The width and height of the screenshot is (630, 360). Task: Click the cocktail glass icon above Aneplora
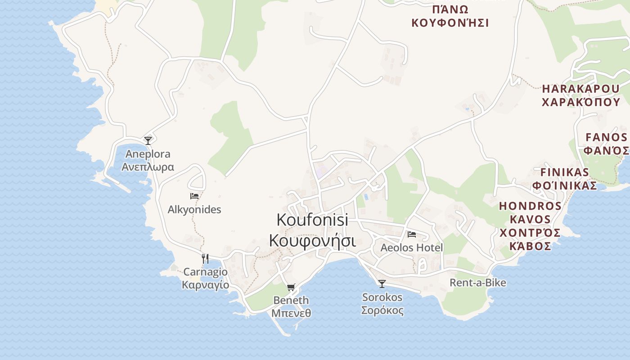[148, 140]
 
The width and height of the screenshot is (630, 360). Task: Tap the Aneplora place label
[148, 154]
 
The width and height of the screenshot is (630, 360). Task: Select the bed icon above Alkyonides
[194, 196]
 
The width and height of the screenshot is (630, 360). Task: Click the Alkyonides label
[194, 210]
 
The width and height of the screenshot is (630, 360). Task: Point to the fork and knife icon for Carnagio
[205, 259]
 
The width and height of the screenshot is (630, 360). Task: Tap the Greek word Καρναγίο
[205, 285]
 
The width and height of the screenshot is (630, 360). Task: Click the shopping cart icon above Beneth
[291, 287]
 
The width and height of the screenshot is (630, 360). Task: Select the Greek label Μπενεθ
[291, 313]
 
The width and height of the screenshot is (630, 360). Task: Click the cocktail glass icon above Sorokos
[382, 283]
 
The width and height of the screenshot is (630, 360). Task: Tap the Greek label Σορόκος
[382, 310]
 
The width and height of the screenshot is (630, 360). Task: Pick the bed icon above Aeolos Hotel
[411, 234]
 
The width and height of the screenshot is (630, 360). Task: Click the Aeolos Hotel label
[412, 248]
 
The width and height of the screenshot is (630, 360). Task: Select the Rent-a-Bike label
[478, 283]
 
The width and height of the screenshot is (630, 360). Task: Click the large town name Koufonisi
[312, 220]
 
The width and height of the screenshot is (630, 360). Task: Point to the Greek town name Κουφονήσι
[312, 241]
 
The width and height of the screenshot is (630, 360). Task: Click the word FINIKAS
[565, 172]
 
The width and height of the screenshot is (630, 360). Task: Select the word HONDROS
[530, 207]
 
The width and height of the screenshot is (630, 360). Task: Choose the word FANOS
[606, 137]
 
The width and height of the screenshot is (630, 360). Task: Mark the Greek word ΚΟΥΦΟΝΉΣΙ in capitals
[450, 23]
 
